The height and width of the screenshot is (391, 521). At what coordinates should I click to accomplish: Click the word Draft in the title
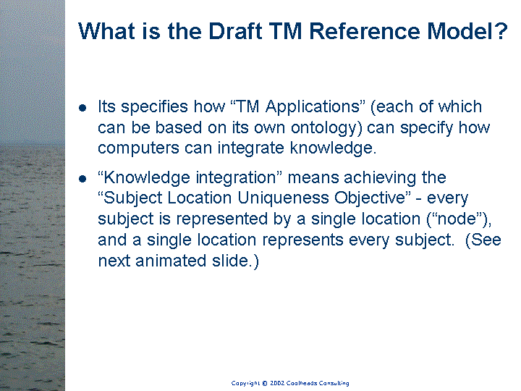point(236,31)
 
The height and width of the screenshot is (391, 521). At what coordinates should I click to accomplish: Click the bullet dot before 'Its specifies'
point(82,108)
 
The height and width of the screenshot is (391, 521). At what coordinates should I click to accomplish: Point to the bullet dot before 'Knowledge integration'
point(82,179)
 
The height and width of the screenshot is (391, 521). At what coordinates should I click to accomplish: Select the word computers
point(138,148)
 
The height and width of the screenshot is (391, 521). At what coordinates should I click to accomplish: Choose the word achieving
point(380,177)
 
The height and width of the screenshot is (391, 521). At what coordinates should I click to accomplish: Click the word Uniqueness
point(283,198)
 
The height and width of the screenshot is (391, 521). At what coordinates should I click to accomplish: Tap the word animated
point(171,261)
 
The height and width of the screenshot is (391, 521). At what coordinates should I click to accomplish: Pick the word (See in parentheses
point(483,240)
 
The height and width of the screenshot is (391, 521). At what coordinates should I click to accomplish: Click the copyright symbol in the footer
point(265,383)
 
